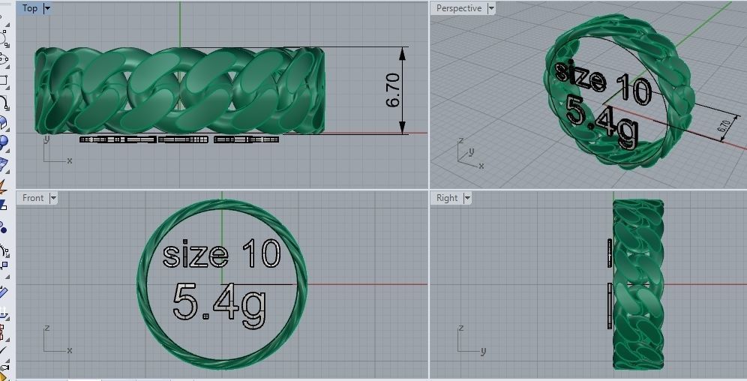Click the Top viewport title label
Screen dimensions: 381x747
(x=30, y=8)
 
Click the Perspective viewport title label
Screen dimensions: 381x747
(x=458, y=8)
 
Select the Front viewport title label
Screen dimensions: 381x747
(x=33, y=198)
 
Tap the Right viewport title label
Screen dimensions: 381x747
(x=447, y=198)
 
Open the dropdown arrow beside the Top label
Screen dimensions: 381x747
(x=48, y=8)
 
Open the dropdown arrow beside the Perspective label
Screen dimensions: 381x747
(x=491, y=8)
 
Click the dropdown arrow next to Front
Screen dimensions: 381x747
(x=52, y=198)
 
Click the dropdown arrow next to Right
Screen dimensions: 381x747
(x=467, y=198)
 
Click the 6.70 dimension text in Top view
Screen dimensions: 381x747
(x=394, y=90)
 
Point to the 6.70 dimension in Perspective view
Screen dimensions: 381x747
(x=724, y=127)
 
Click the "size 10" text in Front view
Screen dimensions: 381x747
(x=221, y=253)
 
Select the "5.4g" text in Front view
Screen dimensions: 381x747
(x=220, y=302)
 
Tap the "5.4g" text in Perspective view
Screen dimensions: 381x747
(x=602, y=122)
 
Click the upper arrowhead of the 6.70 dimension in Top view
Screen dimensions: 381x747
(x=404, y=52)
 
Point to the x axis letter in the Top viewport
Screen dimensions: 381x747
(x=70, y=160)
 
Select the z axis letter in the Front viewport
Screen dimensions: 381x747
(x=46, y=328)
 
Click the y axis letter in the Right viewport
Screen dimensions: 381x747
(x=483, y=351)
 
